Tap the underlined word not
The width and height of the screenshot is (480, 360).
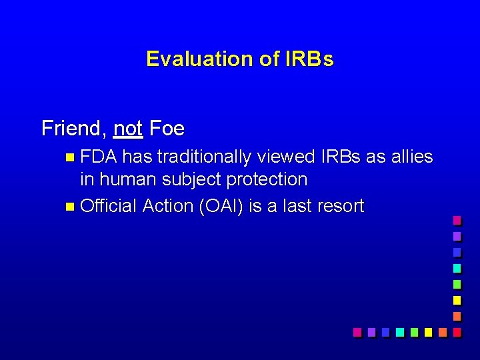(x=128, y=127)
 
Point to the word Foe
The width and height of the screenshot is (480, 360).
(x=167, y=127)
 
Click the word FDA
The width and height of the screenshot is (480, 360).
(x=99, y=157)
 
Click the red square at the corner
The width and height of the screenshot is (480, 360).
(x=457, y=331)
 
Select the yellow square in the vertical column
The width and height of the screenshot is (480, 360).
(x=457, y=299)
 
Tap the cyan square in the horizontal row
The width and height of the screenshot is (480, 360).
(x=399, y=331)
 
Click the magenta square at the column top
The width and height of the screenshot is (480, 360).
(x=457, y=219)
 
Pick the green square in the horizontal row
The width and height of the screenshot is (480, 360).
(x=414, y=331)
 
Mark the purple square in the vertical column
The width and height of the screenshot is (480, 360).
(x=457, y=235)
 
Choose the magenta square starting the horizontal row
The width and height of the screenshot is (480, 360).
(x=357, y=331)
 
